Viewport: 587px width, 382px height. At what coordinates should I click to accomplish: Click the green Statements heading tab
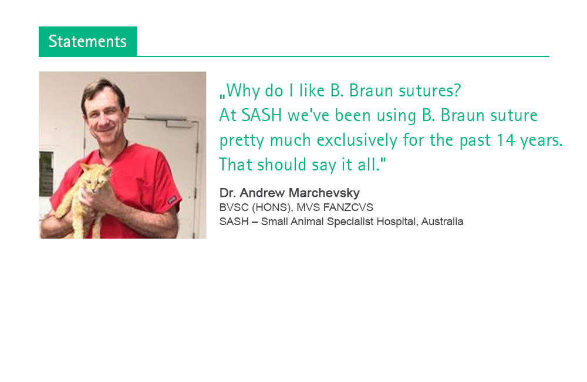click(x=87, y=42)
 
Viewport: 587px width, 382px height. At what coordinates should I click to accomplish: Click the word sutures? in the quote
click(x=430, y=91)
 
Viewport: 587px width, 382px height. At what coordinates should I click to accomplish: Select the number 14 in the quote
click(x=506, y=140)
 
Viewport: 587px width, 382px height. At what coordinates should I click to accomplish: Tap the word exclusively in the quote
click(x=357, y=140)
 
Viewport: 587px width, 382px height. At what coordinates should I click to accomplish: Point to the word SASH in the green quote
click(x=262, y=115)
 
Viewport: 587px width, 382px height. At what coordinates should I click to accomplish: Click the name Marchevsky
click(x=324, y=193)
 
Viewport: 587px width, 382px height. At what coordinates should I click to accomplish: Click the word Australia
click(x=442, y=222)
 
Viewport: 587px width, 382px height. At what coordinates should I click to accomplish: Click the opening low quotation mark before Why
click(x=222, y=96)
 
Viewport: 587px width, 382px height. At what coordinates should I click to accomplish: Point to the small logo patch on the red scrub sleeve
click(x=172, y=200)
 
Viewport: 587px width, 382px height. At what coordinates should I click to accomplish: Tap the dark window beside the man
click(x=46, y=174)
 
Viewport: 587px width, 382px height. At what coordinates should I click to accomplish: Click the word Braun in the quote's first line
click(x=371, y=91)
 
